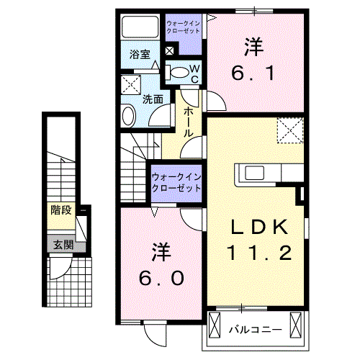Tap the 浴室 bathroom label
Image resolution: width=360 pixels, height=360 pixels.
(139, 54)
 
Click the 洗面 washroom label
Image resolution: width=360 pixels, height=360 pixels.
(151, 99)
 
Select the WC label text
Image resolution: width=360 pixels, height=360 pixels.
(194, 73)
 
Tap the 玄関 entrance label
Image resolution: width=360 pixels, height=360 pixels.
(61, 244)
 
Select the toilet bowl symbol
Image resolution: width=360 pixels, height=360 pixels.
(176, 71)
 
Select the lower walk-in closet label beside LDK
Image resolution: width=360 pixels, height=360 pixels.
(176, 182)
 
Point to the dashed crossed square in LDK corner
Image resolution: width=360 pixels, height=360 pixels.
(292, 131)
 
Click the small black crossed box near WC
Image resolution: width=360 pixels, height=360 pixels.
(170, 52)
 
